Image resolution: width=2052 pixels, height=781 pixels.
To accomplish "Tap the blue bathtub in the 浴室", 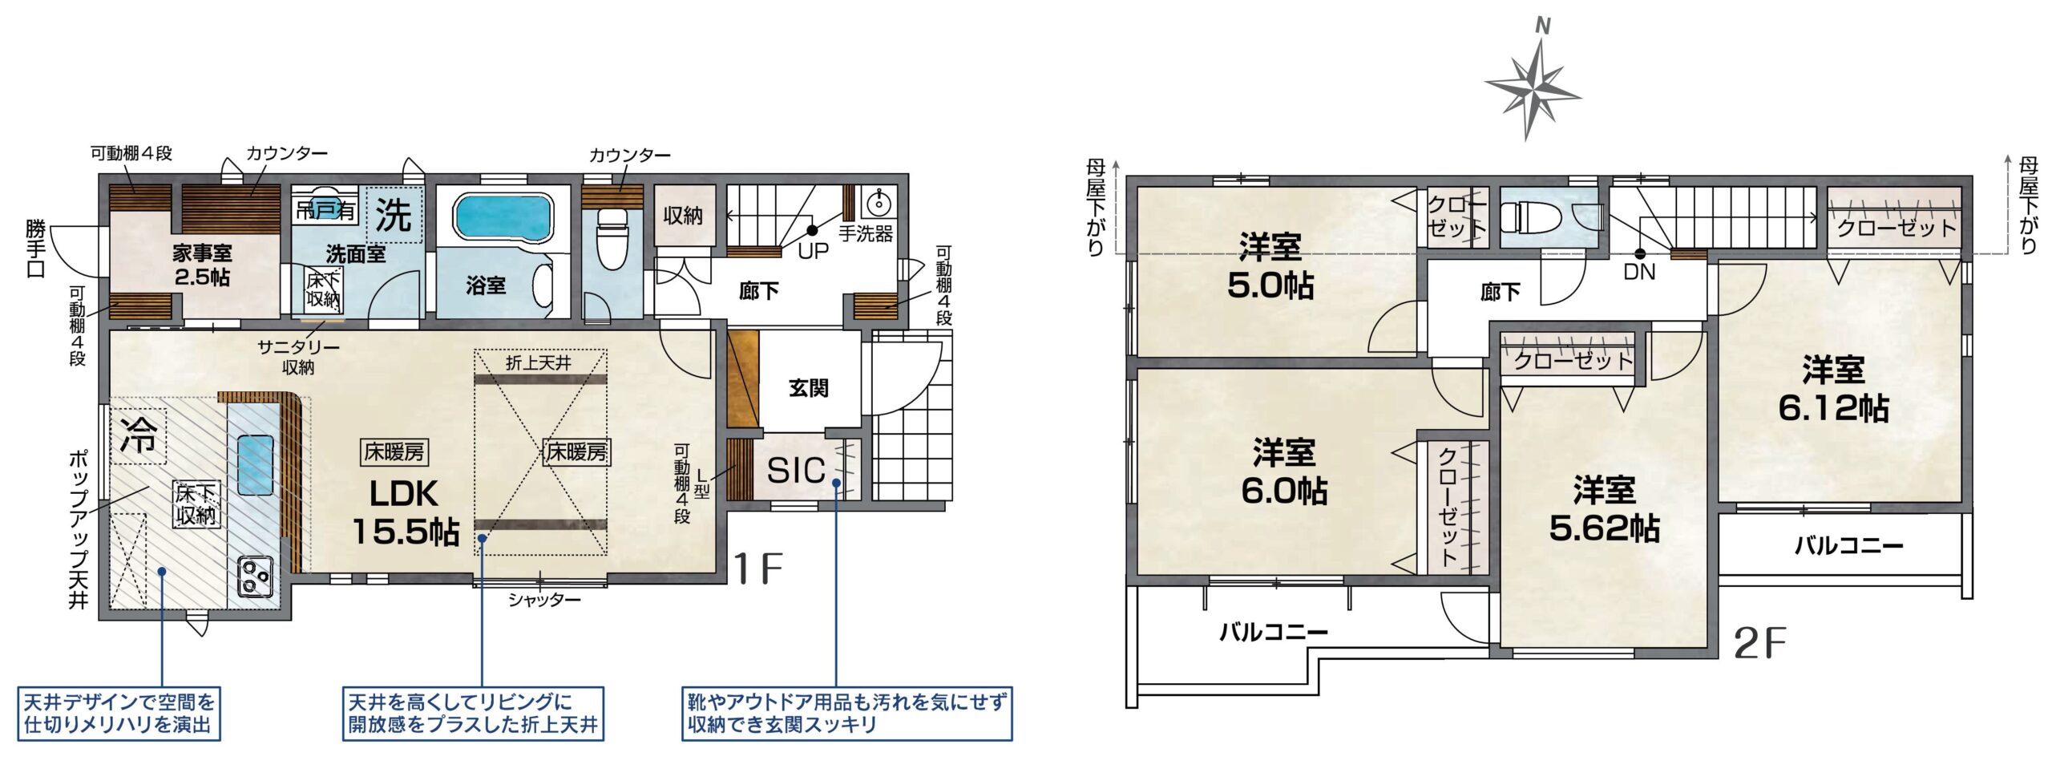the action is pos(503,216).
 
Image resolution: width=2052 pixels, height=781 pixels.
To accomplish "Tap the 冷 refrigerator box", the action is pos(139,436).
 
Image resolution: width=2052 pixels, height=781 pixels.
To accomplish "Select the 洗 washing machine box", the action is pos(394,214).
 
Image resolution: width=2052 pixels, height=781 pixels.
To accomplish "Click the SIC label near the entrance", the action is pos(795,471).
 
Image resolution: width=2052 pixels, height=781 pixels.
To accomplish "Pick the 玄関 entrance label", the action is pos(808,388).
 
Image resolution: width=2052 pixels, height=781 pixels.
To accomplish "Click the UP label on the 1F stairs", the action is pos(813,251).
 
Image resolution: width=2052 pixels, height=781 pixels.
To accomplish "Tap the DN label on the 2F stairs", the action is pos(1639,272).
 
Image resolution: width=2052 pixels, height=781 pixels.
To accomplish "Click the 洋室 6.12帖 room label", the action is pos(1833,389).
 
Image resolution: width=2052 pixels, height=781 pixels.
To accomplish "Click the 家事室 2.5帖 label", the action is pos(202,265).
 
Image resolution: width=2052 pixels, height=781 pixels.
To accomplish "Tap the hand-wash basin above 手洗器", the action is pos(879,201).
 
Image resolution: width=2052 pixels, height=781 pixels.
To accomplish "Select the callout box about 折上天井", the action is pos(473,714).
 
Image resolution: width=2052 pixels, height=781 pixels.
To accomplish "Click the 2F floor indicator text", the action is pos(1760,643).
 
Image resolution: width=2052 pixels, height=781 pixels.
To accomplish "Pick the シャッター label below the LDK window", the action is pos(544,600).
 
